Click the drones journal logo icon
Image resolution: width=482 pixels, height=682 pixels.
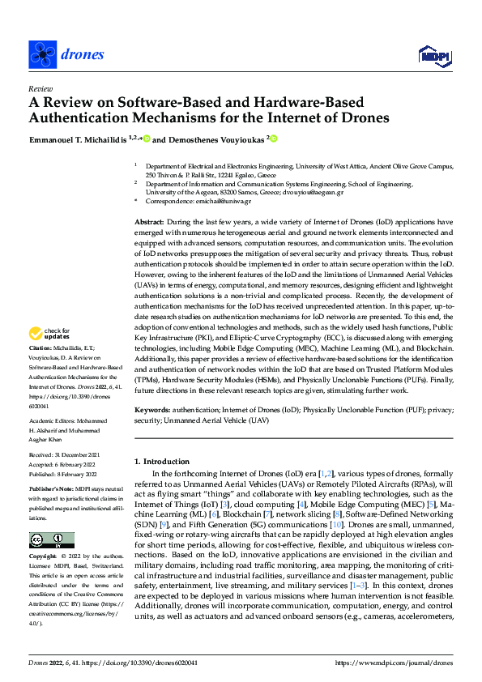42,54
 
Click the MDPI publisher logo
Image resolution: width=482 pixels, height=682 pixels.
433,55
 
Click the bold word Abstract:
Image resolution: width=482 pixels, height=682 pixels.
149,221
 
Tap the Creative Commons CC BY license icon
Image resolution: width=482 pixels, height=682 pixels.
51,539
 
